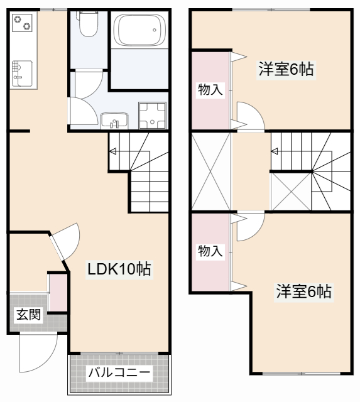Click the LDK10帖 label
(x=119, y=270)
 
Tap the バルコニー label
(x=119, y=372)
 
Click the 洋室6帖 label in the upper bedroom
(x=286, y=69)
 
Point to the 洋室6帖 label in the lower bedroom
(x=304, y=291)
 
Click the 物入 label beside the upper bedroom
(x=210, y=89)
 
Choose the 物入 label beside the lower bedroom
(x=210, y=251)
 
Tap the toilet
(x=88, y=25)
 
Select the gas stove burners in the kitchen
(x=23, y=24)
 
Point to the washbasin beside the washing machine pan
(x=114, y=119)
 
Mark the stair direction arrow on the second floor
(x=275, y=151)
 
